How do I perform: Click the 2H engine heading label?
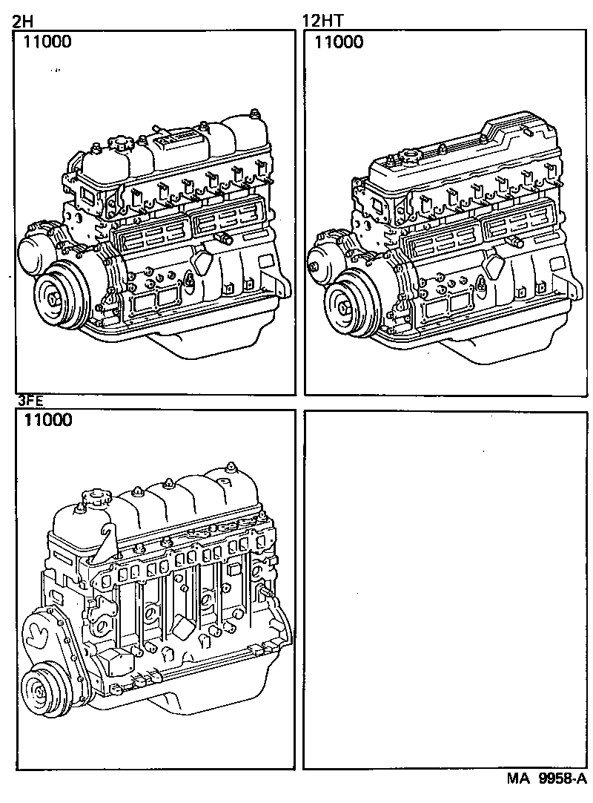coord(22,19)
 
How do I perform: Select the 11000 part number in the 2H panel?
coord(47,42)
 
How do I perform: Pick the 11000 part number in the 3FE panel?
coord(47,421)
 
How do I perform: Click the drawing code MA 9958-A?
coord(546,779)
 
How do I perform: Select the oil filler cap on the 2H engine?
coord(118,141)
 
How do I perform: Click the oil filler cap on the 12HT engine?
coord(408,157)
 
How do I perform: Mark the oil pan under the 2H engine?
coord(182,345)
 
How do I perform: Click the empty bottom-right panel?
coord(445,590)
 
